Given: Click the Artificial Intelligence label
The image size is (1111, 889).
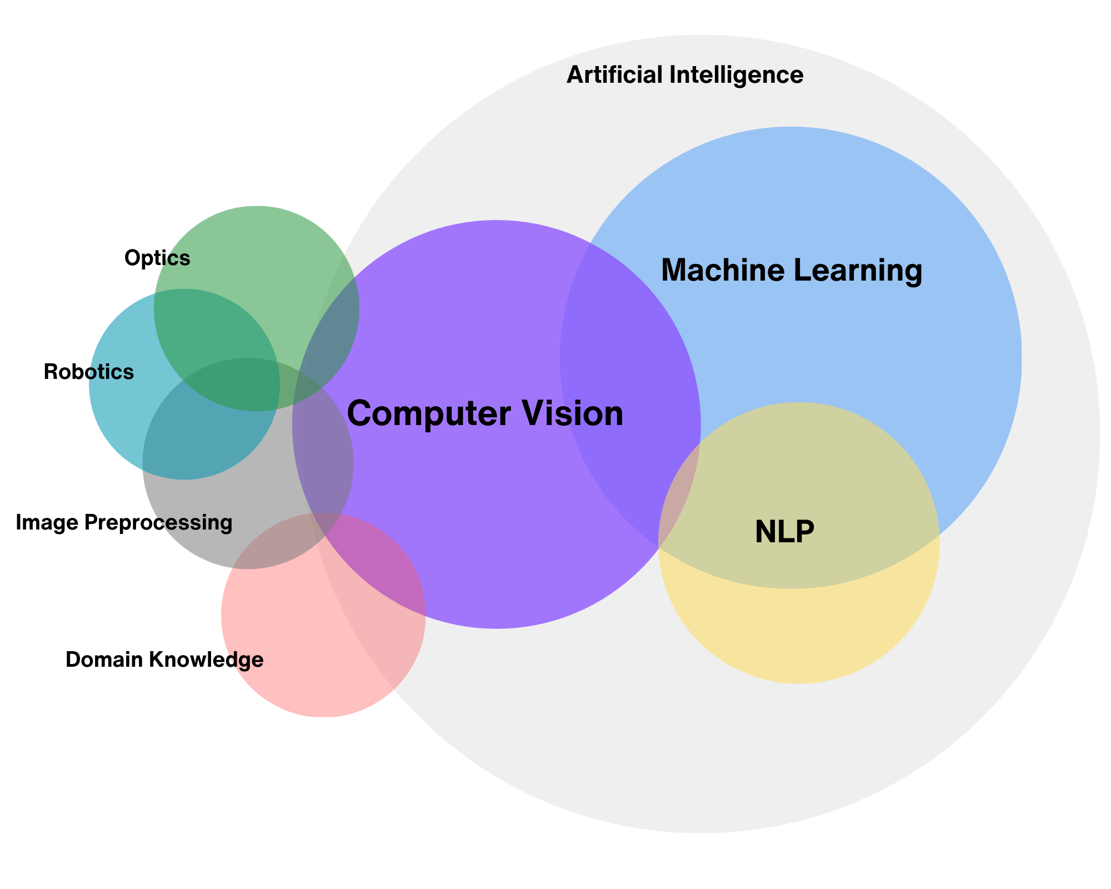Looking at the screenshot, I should pyautogui.click(x=684, y=75).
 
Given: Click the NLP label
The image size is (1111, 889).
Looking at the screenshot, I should pyautogui.click(x=784, y=532).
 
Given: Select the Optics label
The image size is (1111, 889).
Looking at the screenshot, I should pyautogui.click(x=157, y=258).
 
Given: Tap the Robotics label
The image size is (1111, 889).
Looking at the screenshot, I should pyautogui.click(x=89, y=372).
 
